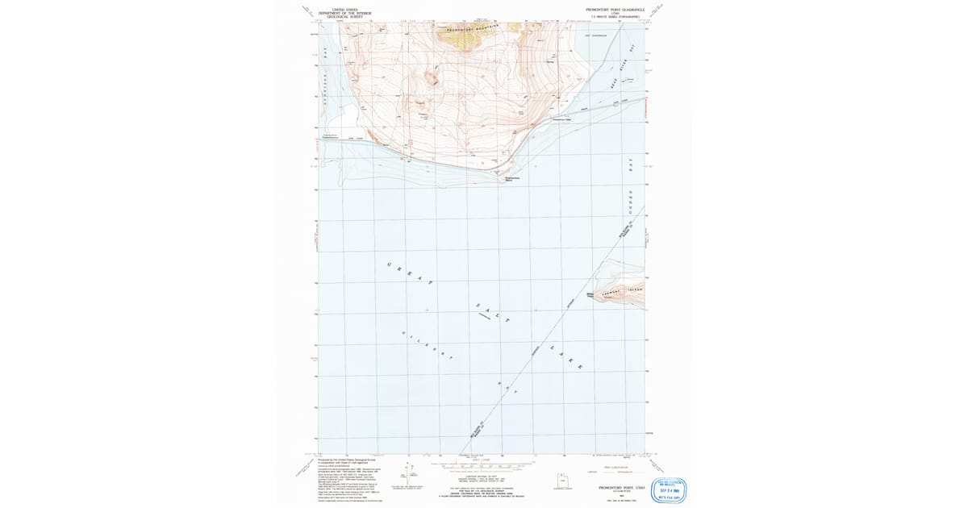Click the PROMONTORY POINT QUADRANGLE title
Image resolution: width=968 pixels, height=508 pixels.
tap(618, 8)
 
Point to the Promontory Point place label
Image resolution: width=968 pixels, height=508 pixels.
tap(513, 179)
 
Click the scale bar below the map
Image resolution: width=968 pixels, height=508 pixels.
tap(484, 465)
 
